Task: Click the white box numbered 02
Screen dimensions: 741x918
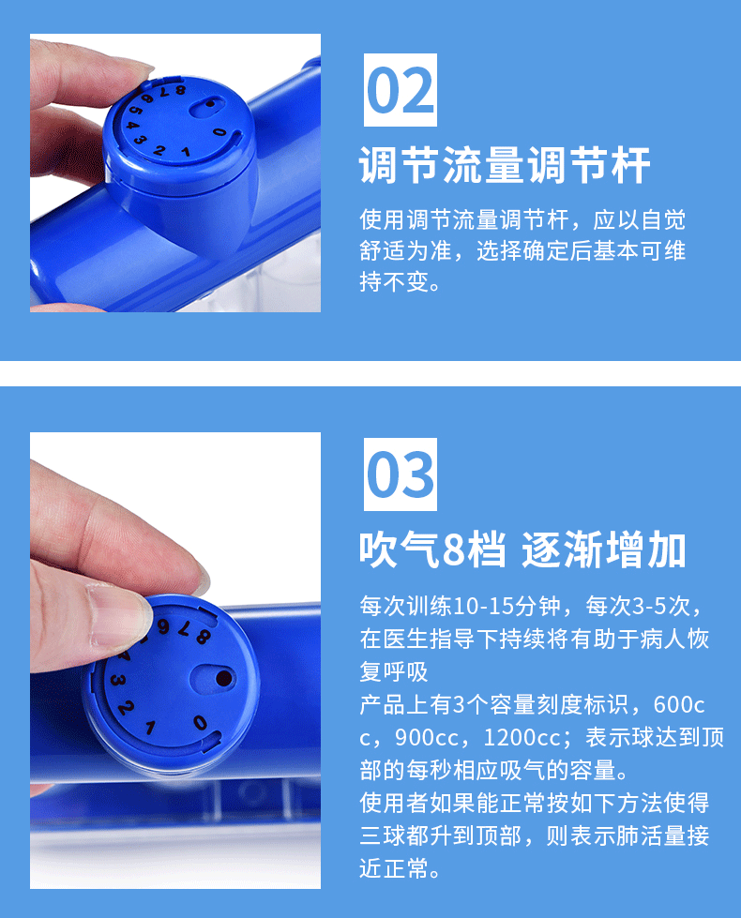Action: (x=401, y=90)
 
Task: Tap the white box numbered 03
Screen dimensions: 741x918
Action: (x=401, y=474)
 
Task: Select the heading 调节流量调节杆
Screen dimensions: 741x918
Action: (x=505, y=166)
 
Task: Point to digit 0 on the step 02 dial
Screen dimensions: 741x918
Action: (x=219, y=132)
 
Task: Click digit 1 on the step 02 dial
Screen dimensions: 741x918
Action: (x=185, y=152)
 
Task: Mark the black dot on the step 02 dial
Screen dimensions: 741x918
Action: (x=209, y=104)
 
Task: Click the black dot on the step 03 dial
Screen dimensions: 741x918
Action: (x=224, y=679)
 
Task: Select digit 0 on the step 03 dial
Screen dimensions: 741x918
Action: (x=200, y=722)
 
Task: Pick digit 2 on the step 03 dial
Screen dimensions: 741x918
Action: (x=125, y=708)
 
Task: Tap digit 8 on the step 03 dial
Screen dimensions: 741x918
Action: (x=203, y=636)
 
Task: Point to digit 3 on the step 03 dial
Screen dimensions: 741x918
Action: (x=117, y=680)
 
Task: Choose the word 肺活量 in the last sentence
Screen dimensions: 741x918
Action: (x=650, y=835)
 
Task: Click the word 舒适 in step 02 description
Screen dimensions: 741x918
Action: (x=383, y=250)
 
